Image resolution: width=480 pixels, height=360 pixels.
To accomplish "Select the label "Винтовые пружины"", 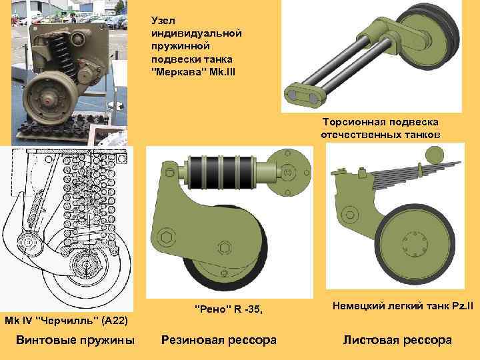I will [x=75, y=340].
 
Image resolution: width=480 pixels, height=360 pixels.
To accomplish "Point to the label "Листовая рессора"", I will [x=397, y=340].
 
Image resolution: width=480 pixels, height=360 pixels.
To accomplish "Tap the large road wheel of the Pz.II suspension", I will [x=413, y=247].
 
